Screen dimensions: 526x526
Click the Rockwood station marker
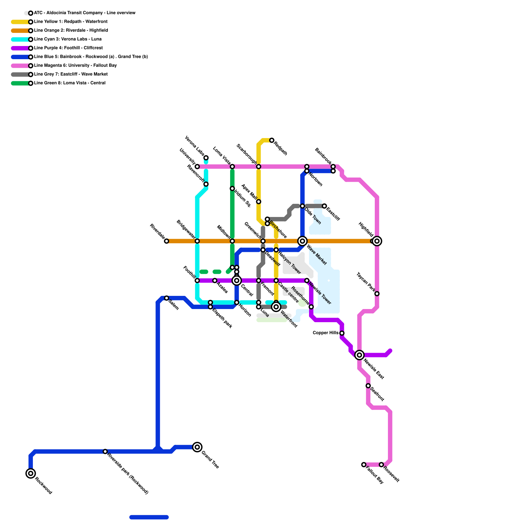click(31, 473)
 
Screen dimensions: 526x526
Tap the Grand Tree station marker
click(197, 447)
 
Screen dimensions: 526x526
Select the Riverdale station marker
click(166, 241)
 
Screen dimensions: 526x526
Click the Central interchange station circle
click(237, 280)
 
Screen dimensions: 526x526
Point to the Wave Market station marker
click(302, 241)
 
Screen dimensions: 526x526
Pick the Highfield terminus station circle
click(377, 241)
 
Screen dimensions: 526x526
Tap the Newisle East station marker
click(359, 355)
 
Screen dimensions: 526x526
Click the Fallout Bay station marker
click(364, 465)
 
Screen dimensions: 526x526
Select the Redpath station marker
click(272, 140)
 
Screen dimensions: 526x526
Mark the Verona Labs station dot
click(206, 158)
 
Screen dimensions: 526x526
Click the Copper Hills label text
click(325, 333)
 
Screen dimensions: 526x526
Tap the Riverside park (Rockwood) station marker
click(105, 451)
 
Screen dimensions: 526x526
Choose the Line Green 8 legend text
click(70, 83)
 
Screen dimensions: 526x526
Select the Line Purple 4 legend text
click(68, 48)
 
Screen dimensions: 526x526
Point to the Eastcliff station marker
click(324, 206)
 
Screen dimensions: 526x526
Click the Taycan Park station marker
click(377, 294)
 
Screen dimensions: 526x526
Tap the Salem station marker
click(166, 298)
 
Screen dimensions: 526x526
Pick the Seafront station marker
click(368, 386)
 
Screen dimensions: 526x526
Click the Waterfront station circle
click(276, 307)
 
